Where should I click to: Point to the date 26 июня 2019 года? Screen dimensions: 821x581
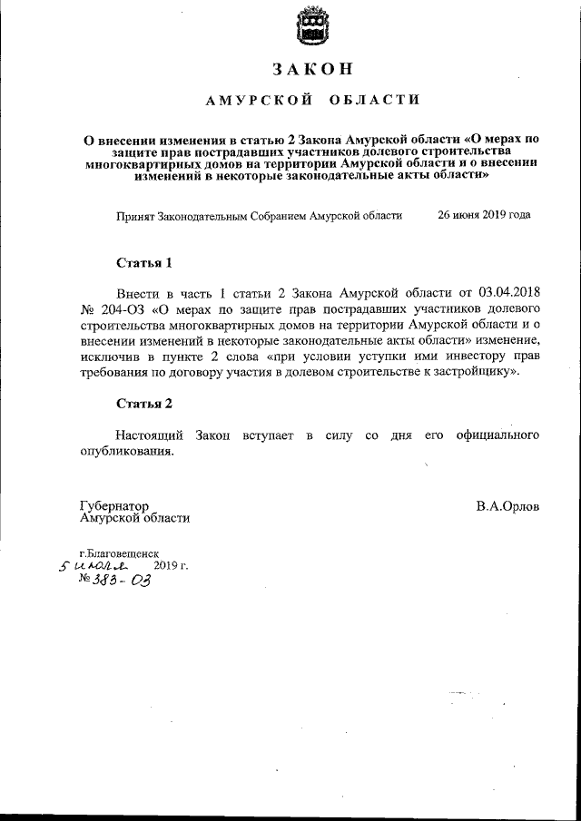[x=484, y=216]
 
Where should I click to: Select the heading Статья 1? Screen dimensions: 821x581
[x=143, y=263]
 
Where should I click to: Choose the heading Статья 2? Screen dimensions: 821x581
[x=143, y=403]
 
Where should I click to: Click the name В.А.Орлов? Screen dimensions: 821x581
[x=507, y=506]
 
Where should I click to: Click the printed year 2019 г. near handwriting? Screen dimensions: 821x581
[x=171, y=565]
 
